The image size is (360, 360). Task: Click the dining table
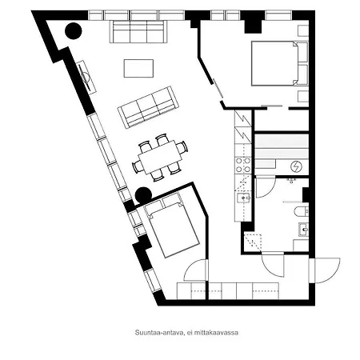pyautogui.click(x=160, y=158)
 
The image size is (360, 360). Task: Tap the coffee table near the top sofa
pyautogui.click(x=138, y=69)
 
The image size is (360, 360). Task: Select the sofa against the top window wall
pyautogui.click(x=138, y=32)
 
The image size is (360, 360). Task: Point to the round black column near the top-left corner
pyautogui.click(x=74, y=31)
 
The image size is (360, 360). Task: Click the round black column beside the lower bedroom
pyautogui.click(x=143, y=195)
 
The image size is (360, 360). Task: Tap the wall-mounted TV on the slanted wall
pyautogui.click(x=86, y=77)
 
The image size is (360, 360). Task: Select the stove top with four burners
pyautogui.click(x=243, y=165)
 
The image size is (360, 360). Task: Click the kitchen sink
pyautogui.click(x=243, y=198)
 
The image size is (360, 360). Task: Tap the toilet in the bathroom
pyautogui.click(x=302, y=212)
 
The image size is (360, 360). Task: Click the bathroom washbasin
pyautogui.click(x=303, y=230)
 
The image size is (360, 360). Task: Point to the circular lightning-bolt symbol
pyautogui.click(x=297, y=167)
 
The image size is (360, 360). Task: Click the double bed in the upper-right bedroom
pyautogui.click(x=274, y=63)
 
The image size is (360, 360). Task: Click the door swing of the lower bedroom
pyautogui.click(x=194, y=270)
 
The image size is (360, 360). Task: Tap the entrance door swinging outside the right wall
pyautogui.click(x=325, y=270)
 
